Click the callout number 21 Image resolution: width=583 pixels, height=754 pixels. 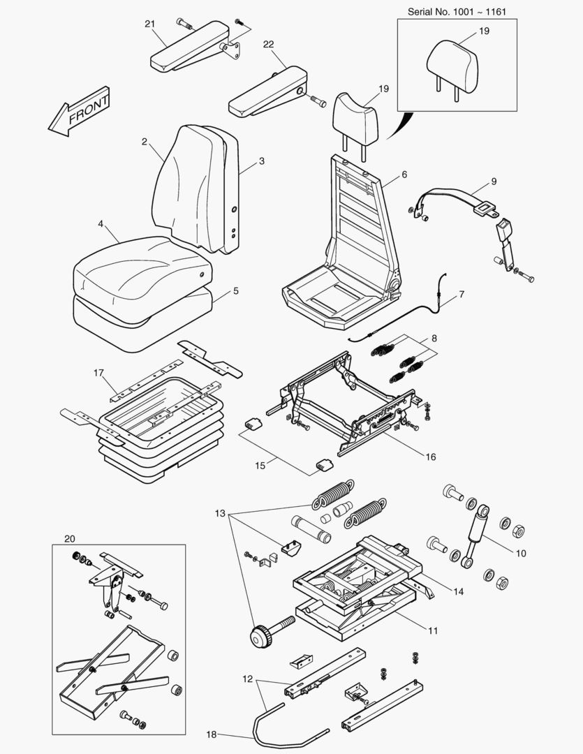pyautogui.click(x=149, y=24)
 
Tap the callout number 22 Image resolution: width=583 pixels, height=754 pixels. pyautogui.click(x=268, y=44)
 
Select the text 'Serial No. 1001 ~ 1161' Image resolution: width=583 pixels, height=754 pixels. pyautogui.click(x=457, y=13)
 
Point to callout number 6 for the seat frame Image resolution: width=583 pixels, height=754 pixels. pyautogui.click(x=404, y=175)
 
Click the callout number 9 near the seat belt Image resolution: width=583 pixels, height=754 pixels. pyautogui.click(x=494, y=182)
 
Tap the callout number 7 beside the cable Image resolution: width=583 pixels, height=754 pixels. pyautogui.click(x=462, y=295)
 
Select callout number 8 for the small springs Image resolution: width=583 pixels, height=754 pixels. pyautogui.click(x=434, y=338)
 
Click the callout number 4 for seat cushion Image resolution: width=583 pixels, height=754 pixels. pyautogui.click(x=101, y=224)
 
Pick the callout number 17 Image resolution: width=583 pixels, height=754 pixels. pyautogui.click(x=98, y=373)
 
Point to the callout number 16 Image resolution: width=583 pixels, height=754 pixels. pyautogui.click(x=431, y=457)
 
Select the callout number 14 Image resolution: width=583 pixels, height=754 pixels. pyautogui.click(x=458, y=591)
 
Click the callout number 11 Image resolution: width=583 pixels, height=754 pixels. pyautogui.click(x=433, y=630)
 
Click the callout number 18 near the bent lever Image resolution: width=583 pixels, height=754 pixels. pyautogui.click(x=212, y=734)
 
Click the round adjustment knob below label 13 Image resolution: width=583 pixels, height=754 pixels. pyautogui.click(x=260, y=637)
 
